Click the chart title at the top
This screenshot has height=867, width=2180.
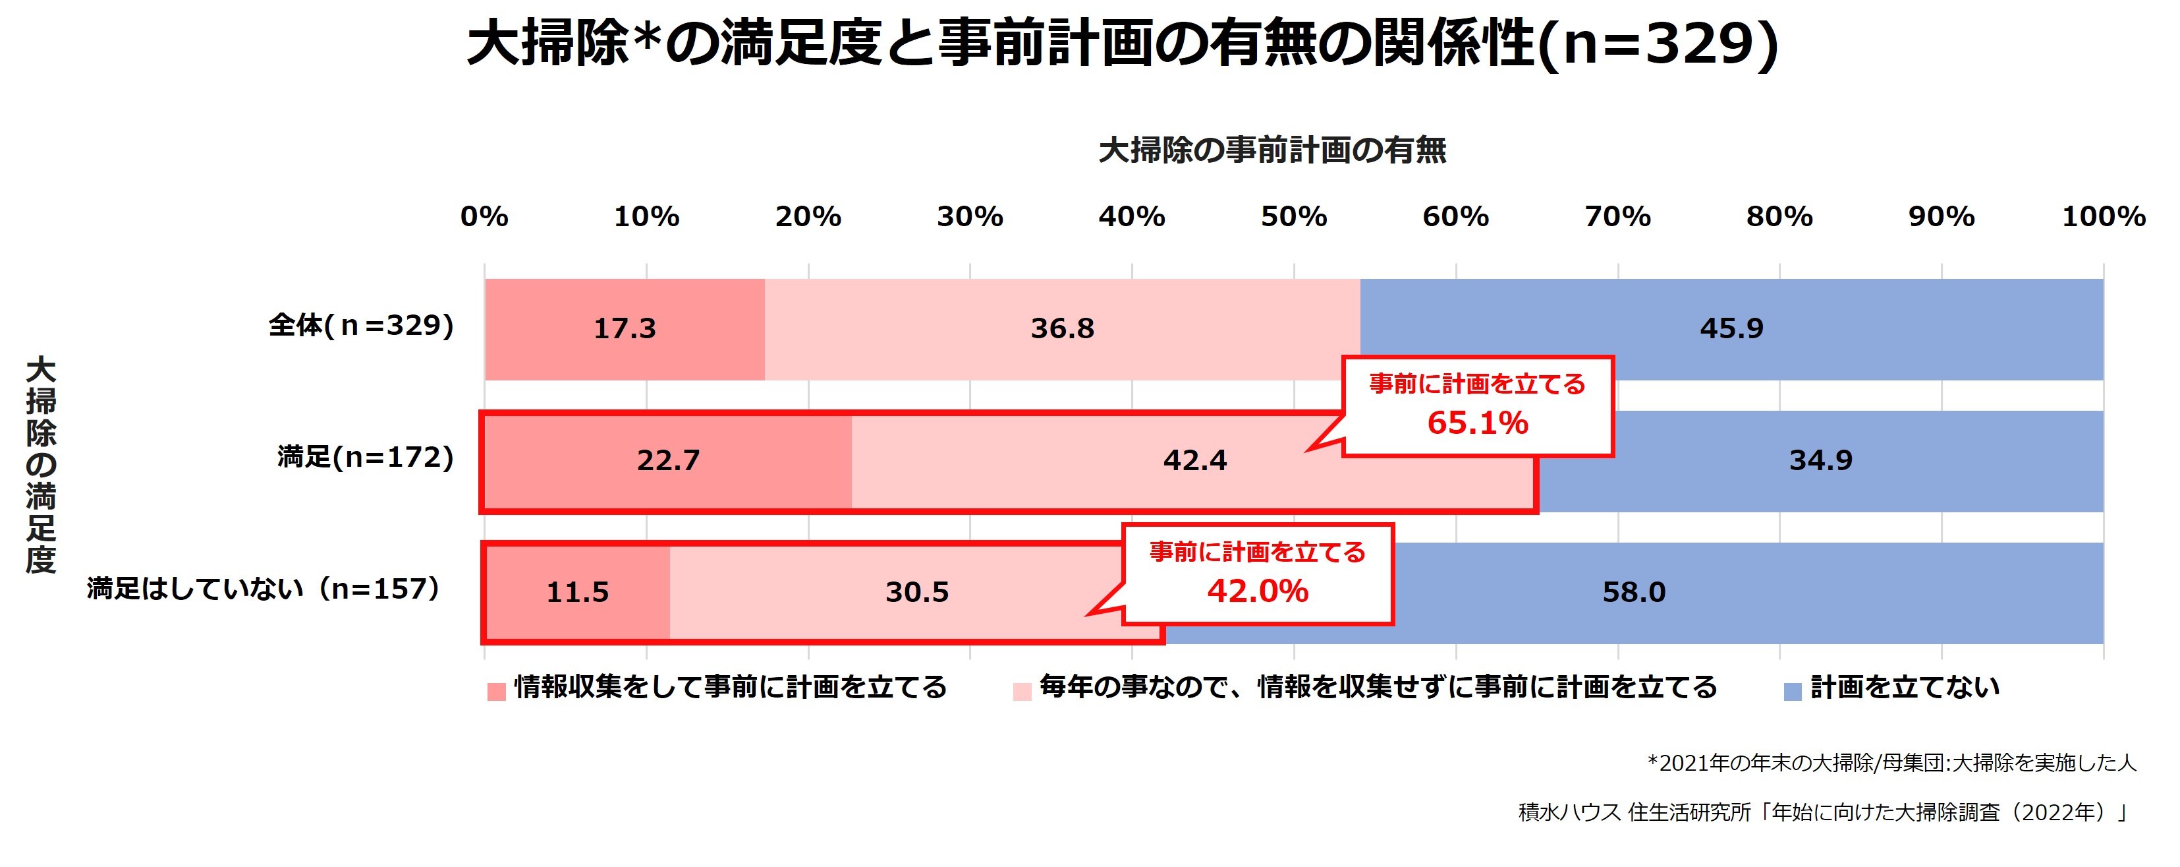1122,44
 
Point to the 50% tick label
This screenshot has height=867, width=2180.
1293,217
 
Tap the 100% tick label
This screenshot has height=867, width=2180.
2103,217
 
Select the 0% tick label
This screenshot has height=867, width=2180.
484,217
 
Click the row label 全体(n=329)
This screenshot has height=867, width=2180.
362,326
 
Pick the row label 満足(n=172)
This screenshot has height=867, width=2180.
366,458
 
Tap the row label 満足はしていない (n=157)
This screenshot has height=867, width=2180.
265,589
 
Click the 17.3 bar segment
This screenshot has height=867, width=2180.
625,328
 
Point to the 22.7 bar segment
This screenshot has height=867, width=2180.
668,461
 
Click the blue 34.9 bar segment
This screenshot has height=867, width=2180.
1820,461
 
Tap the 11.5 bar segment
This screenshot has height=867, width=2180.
577,593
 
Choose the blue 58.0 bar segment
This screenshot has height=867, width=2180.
1633,593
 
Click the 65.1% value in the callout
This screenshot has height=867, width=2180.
1478,423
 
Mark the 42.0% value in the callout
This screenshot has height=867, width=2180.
1258,591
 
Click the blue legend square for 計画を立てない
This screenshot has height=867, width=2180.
1793,692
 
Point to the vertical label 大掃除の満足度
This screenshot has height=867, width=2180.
41,465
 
